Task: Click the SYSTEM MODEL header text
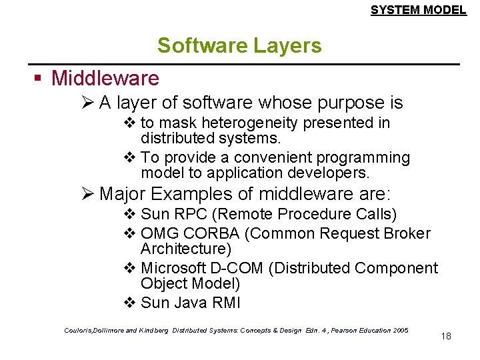[418, 10]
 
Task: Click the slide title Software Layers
[239, 46]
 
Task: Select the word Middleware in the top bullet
[105, 79]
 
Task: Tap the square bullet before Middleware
[39, 79]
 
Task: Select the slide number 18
[446, 336]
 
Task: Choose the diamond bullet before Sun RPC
[130, 215]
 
